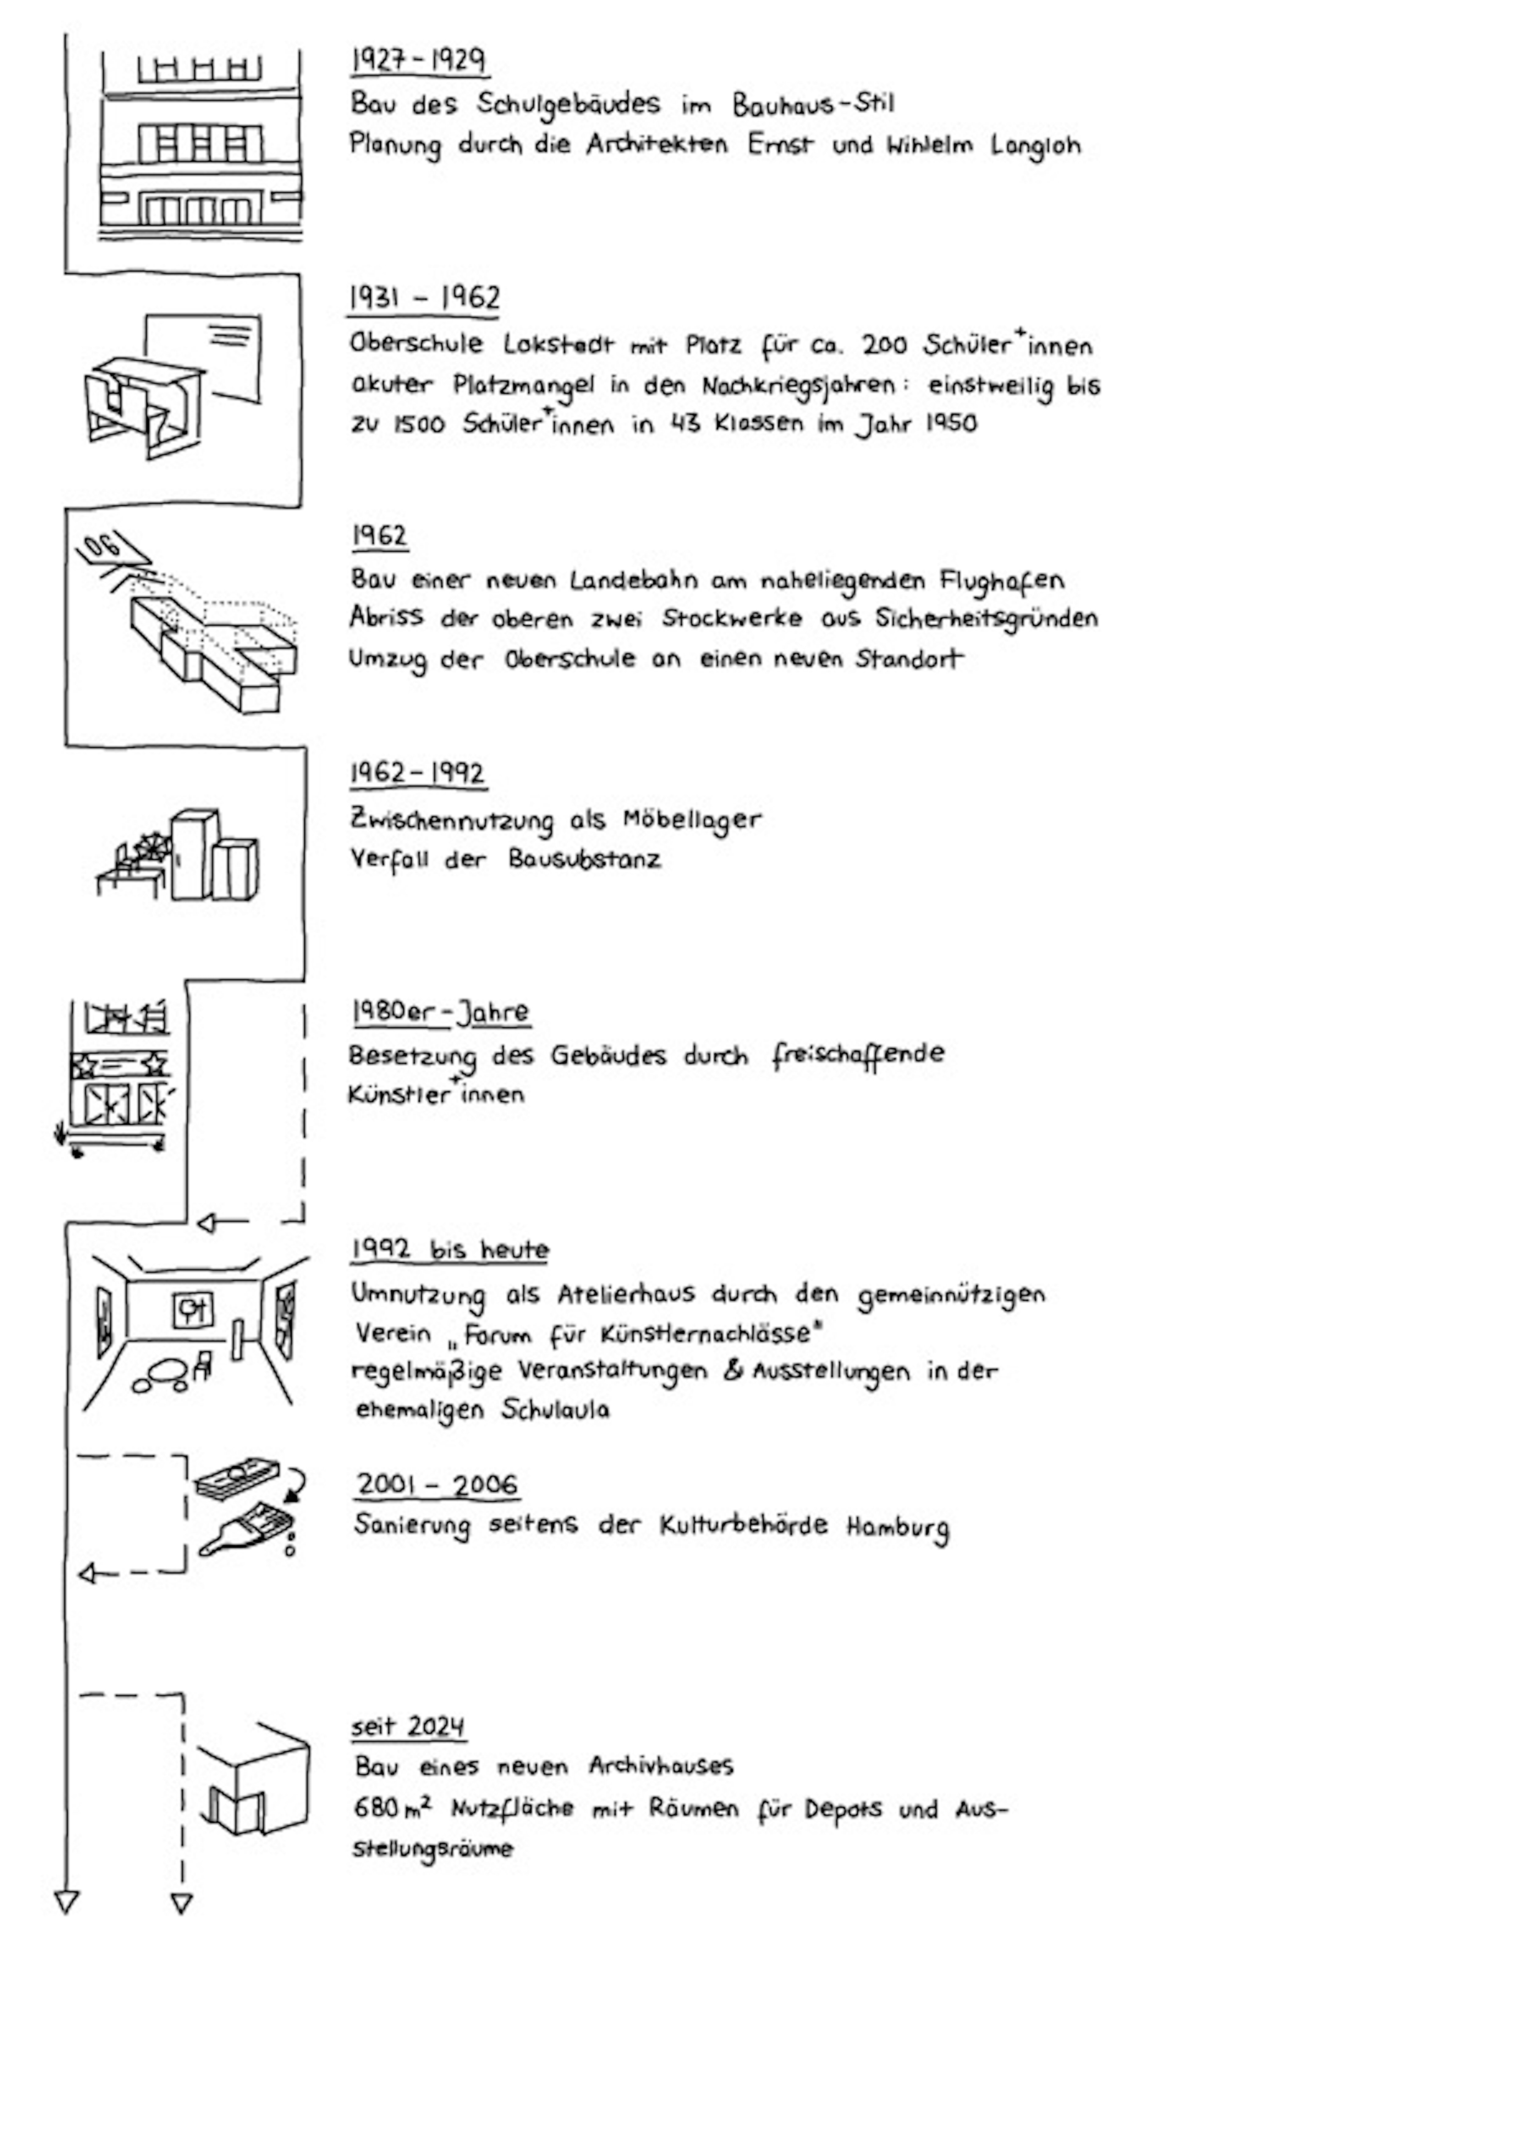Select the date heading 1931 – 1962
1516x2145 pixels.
tap(424, 298)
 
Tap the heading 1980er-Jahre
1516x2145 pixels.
tap(440, 1012)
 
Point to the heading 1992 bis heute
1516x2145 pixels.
tap(449, 1250)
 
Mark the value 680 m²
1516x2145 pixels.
tap(392, 1809)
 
